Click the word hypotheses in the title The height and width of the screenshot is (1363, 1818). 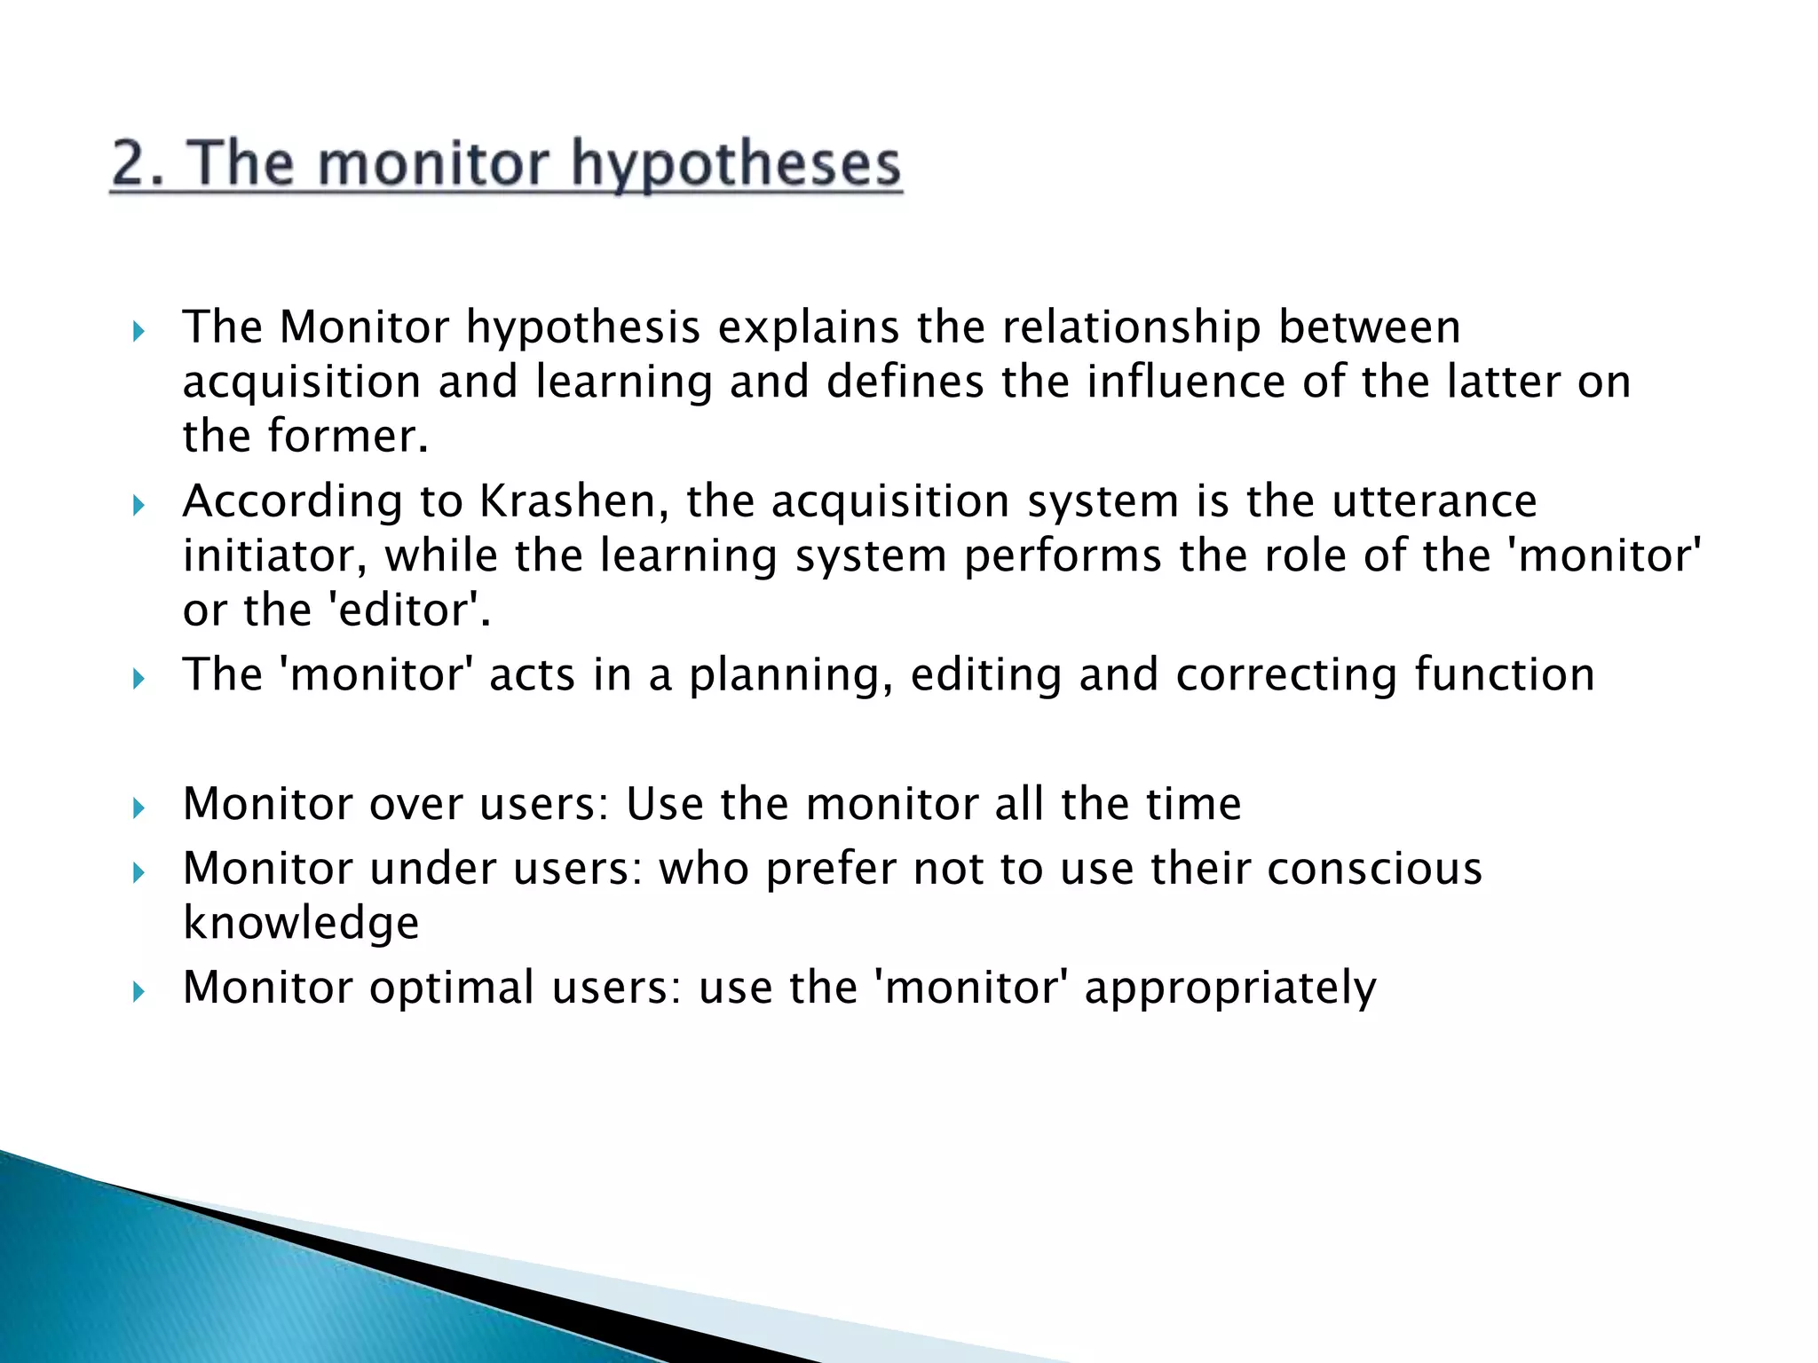pyautogui.click(x=736, y=165)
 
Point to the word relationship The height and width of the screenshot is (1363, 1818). pyautogui.click(x=1132, y=327)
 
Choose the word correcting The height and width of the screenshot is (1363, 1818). pyautogui.click(x=1286, y=674)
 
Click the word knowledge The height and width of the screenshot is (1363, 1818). pyautogui.click(x=301, y=924)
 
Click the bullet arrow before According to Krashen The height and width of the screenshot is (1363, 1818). pyautogui.click(x=138, y=506)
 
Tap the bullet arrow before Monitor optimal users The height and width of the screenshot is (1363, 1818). pyautogui.click(x=138, y=992)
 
